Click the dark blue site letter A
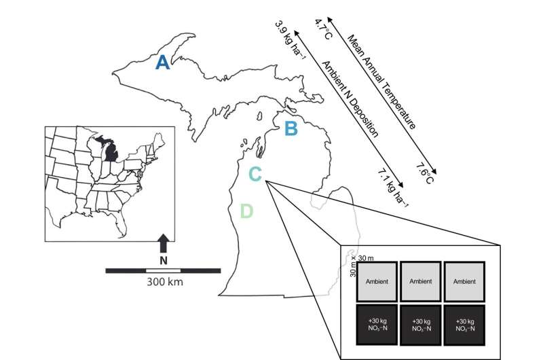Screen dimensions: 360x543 click(x=162, y=62)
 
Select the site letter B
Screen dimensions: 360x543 click(x=290, y=128)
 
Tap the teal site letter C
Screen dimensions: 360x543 click(x=255, y=175)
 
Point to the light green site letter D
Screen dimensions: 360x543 click(x=246, y=211)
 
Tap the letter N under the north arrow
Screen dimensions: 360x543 click(x=162, y=260)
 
